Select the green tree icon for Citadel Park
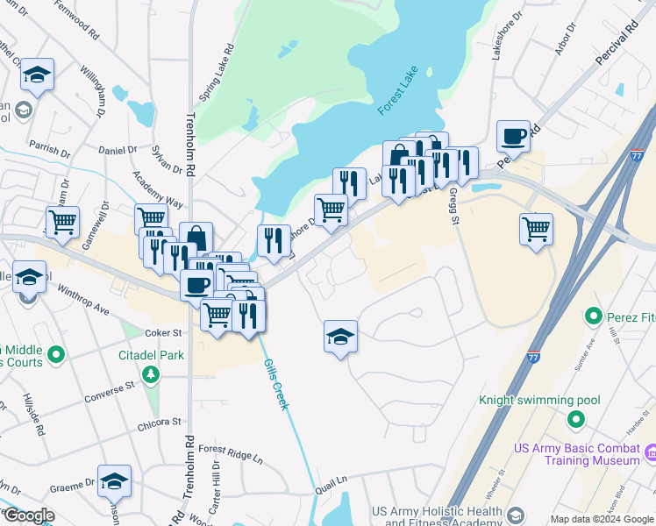152,375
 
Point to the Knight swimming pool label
539,401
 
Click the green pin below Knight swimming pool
575,420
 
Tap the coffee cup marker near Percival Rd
513,137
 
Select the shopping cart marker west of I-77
536,230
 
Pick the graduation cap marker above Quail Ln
340,337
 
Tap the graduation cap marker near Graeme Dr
114,481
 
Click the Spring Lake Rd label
217,73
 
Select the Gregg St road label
454,206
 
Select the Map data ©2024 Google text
602,519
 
